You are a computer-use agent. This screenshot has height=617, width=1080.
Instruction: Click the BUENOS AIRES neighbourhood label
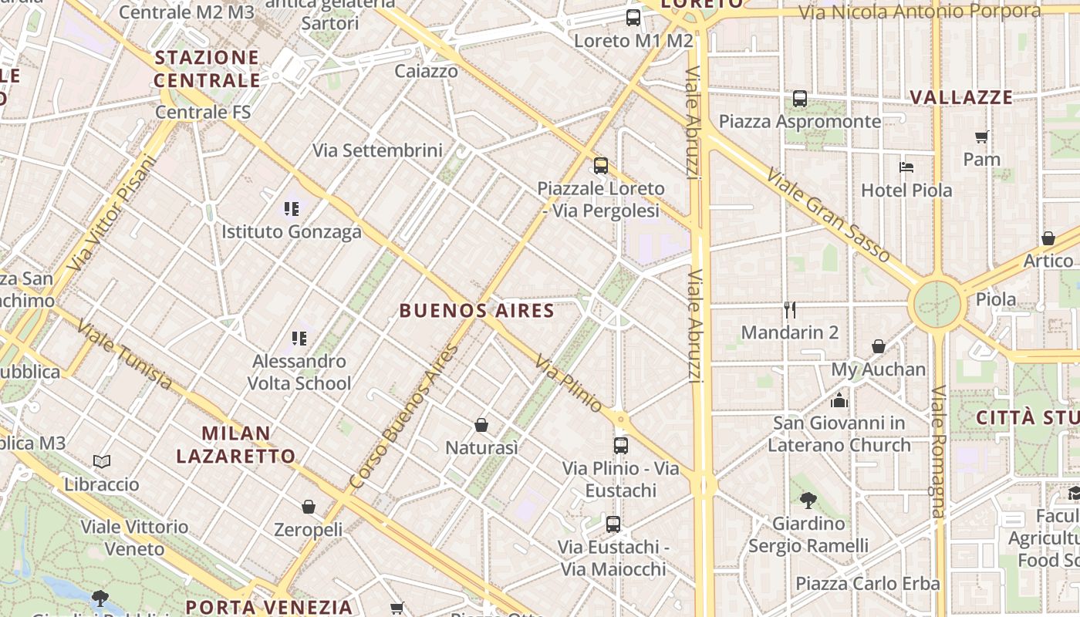pyautogui.click(x=477, y=311)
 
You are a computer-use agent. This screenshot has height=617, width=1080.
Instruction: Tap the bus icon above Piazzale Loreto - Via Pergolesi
pyautogui.click(x=600, y=165)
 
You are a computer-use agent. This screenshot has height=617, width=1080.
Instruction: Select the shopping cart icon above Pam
pyautogui.click(x=981, y=137)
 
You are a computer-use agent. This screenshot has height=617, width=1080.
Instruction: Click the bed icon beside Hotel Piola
pyautogui.click(x=906, y=167)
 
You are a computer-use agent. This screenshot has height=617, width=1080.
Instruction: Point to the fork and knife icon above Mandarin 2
pyautogui.click(x=789, y=310)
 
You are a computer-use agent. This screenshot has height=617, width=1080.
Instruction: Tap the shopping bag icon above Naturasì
pyautogui.click(x=481, y=425)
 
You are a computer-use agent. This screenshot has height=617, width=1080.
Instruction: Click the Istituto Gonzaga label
pyautogui.click(x=292, y=231)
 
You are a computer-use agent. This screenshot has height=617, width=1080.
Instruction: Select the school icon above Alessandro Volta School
pyautogui.click(x=299, y=338)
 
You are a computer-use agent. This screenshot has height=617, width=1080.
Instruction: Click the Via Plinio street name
pyautogui.click(x=569, y=383)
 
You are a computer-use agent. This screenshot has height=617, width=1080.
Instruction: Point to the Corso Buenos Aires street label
pyautogui.click(x=403, y=417)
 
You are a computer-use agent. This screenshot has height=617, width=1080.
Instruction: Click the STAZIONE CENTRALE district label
pyautogui.click(x=207, y=69)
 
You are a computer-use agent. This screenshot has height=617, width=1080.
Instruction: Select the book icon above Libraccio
pyautogui.click(x=102, y=461)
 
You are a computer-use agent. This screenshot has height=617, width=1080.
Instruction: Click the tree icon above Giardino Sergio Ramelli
pyautogui.click(x=808, y=501)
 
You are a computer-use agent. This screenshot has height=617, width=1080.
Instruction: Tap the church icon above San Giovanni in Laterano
pyautogui.click(x=839, y=400)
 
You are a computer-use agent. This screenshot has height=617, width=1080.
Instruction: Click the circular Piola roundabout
pyautogui.click(x=937, y=304)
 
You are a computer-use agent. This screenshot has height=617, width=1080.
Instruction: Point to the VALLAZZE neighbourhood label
pyautogui.click(x=961, y=97)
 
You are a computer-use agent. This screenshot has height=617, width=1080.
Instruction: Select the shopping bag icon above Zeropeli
pyautogui.click(x=309, y=507)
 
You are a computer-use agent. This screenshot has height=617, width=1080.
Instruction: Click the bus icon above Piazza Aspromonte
pyautogui.click(x=800, y=99)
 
